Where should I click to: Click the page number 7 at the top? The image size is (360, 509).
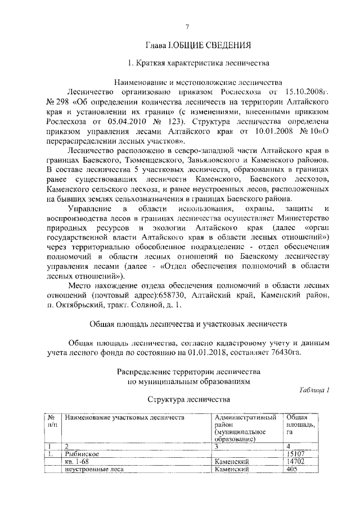(187, 26)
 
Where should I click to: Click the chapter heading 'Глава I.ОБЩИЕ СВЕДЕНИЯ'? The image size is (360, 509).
(187, 45)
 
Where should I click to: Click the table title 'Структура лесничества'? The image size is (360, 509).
(189, 400)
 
